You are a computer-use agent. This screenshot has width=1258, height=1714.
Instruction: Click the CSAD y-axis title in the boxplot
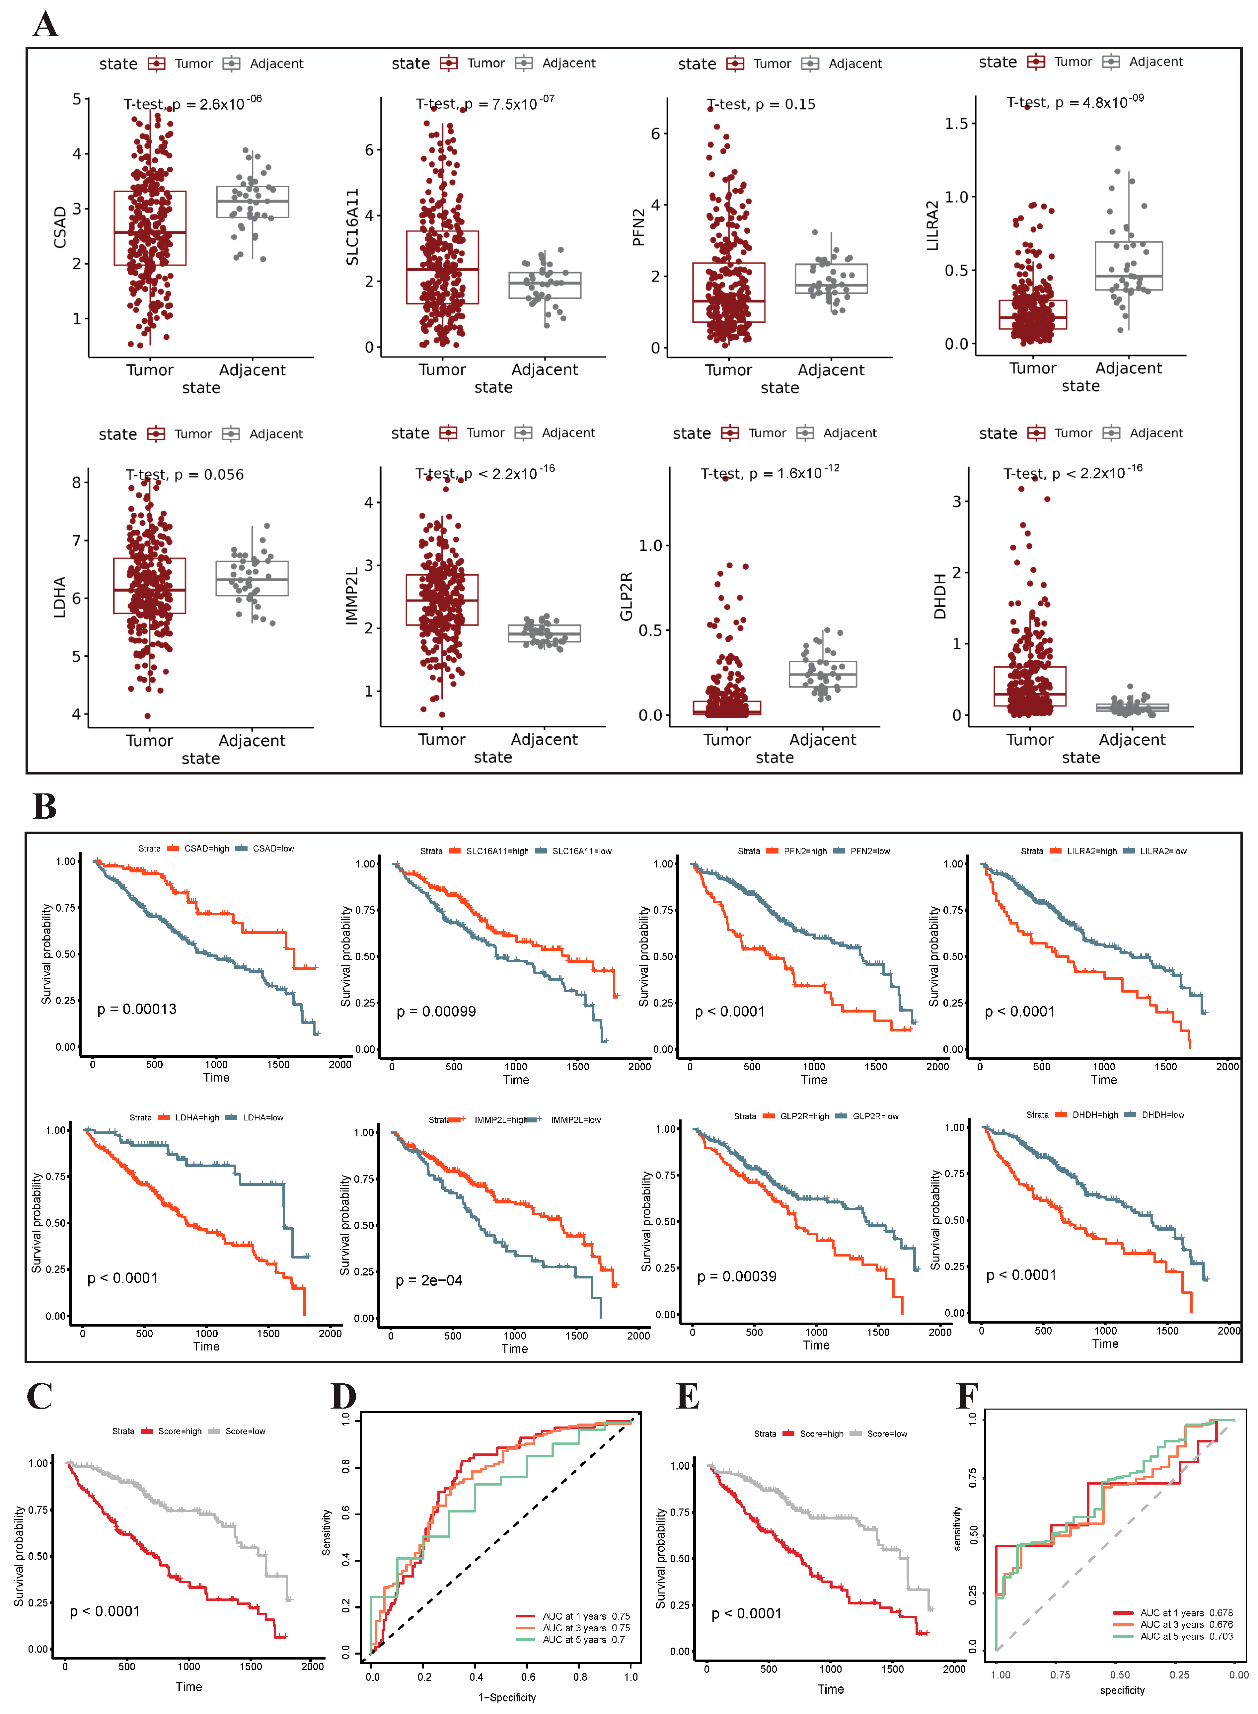click(59, 227)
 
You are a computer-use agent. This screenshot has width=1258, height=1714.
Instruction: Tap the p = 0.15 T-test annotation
click(761, 104)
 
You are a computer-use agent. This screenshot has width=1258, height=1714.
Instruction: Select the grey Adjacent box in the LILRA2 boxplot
click(1129, 266)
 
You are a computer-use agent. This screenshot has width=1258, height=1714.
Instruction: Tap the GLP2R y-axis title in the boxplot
click(626, 597)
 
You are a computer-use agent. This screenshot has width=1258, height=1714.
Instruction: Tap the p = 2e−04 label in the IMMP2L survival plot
click(429, 1280)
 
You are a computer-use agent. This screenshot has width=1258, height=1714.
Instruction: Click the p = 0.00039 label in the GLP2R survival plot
click(736, 1277)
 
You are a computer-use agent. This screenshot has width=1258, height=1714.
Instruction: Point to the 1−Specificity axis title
click(507, 1697)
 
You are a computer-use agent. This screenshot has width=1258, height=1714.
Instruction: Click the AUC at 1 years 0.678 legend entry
click(1185, 1613)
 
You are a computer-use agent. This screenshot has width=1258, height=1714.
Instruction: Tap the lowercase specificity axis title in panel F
click(1122, 1690)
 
